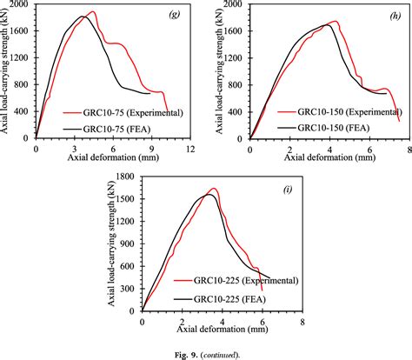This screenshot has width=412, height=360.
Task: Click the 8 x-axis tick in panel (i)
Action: click(x=302, y=321)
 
